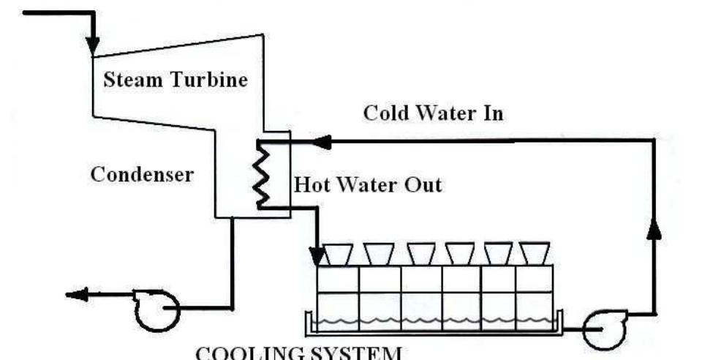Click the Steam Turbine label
click(x=175, y=79)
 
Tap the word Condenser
click(x=142, y=174)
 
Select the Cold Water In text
click(x=434, y=114)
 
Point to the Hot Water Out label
click(x=368, y=184)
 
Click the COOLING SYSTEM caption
click(x=298, y=353)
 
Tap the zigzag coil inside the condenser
click(x=260, y=174)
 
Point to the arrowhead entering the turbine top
click(x=92, y=45)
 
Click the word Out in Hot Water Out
click(x=422, y=184)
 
